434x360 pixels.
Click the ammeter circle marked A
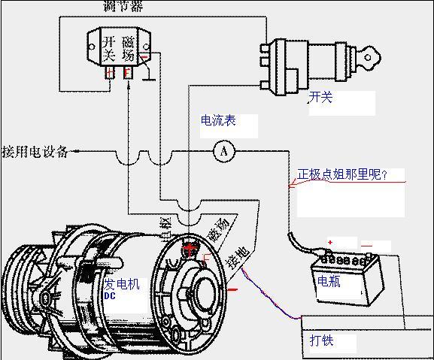coord(223,152)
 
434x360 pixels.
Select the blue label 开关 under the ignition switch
coord(320,98)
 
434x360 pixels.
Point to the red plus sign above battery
coord(329,243)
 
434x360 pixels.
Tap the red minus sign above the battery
coord(366,245)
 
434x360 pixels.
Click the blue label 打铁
coord(322,340)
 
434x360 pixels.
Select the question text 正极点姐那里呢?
coord(342,175)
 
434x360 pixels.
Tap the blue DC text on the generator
coord(110,297)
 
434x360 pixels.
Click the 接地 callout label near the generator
coord(238,257)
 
